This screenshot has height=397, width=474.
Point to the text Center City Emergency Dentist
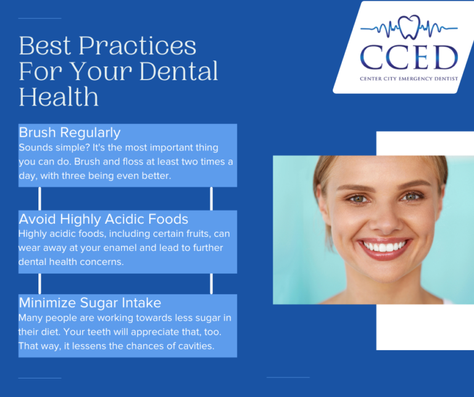(x=409, y=79)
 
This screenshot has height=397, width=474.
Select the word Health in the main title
(x=59, y=97)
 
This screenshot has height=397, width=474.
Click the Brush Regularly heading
(x=70, y=133)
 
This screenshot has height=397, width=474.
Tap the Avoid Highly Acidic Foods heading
(x=103, y=219)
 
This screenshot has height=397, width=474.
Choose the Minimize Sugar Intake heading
(x=89, y=303)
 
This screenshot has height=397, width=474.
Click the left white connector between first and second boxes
(x=40, y=198)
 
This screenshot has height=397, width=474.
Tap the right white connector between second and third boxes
(x=211, y=284)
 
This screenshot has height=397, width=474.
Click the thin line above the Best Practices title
(x=39, y=18)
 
